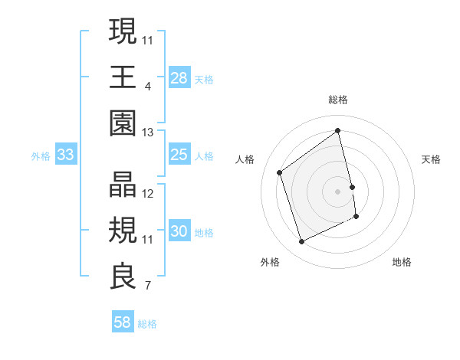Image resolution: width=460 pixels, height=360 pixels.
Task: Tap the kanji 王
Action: click(x=123, y=77)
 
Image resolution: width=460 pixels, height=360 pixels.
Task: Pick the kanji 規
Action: click(x=123, y=231)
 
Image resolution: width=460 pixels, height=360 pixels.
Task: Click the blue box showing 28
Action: click(x=179, y=78)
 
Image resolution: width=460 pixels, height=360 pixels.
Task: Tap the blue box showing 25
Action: click(x=179, y=155)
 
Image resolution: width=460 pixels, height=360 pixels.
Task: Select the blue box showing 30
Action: click(x=179, y=232)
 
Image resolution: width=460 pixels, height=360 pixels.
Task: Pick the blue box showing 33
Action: click(x=66, y=155)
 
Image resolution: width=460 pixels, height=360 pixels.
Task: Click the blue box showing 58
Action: click(x=123, y=322)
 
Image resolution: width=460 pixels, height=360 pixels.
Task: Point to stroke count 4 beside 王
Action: click(x=147, y=87)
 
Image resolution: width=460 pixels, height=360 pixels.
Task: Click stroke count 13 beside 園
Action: click(x=147, y=133)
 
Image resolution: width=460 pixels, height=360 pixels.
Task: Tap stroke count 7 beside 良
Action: click(x=147, y=286)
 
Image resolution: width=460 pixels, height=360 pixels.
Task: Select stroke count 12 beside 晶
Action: click(x=148, y=195)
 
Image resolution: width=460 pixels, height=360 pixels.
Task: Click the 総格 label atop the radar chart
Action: click(x=338, y=100)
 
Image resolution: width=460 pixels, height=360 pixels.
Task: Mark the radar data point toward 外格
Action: click(x=301, y=242)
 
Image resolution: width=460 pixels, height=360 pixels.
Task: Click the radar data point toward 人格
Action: click(x=280, y=172)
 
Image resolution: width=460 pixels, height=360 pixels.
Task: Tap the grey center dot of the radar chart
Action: click(x=338, y=191)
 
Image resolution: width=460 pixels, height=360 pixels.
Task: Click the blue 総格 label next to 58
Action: click(x=147, y=324)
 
